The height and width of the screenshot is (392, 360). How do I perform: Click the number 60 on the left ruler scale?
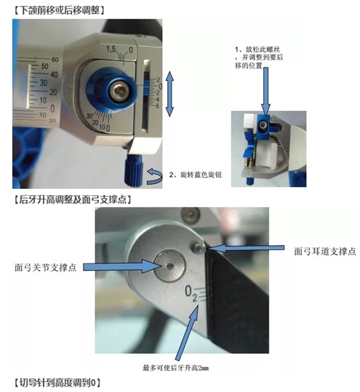54,60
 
